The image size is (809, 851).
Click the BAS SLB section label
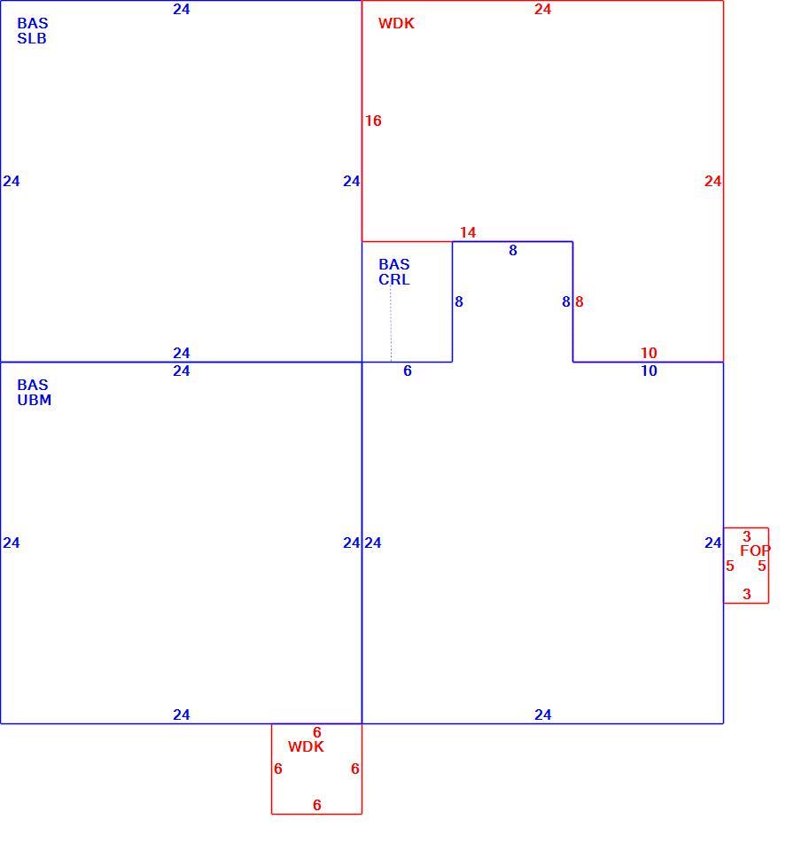pyautogui.click(x=33, y=31)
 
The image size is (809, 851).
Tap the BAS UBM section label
pyautogui.click(x=35, y=393)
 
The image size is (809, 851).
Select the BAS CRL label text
pyautogui.click(x=394, y=272)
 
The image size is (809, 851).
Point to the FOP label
pyautogui.click(x=755, y=550)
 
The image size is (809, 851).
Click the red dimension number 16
pyautogui.click(x=373, y=121)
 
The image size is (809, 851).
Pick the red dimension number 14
pyautogui.click(x=468, y=232)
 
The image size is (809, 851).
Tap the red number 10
pyautogui.click(x=649, y=353)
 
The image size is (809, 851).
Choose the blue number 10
pyautogui.click(x=649, y=371)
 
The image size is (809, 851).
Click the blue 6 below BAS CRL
pyautogui.click(x=408, y=371)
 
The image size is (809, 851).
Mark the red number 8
pyautogui.click(x=579, y=301)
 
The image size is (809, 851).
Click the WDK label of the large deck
pyautogui.click(x=396, y=23)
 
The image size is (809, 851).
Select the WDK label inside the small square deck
pyautogui.click(x=306, y=746)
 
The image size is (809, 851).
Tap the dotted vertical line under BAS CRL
pyautogui.click(x=391, y=324)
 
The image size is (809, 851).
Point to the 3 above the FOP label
pyautogui.click(x=747, y=536)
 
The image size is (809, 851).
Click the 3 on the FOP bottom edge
pyautogui.click(x=747, y=594)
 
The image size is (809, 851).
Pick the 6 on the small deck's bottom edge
pyautogui.click(x=317, y=805)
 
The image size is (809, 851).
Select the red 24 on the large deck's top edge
pyautogui.click(x=542, y=9)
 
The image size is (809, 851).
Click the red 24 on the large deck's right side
pyautogui.click(x=713, y=181)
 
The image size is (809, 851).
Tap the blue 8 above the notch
pyautogui.click(x=513, y=250)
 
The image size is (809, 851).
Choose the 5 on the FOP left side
pyautogui.click(x=730, y=566)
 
